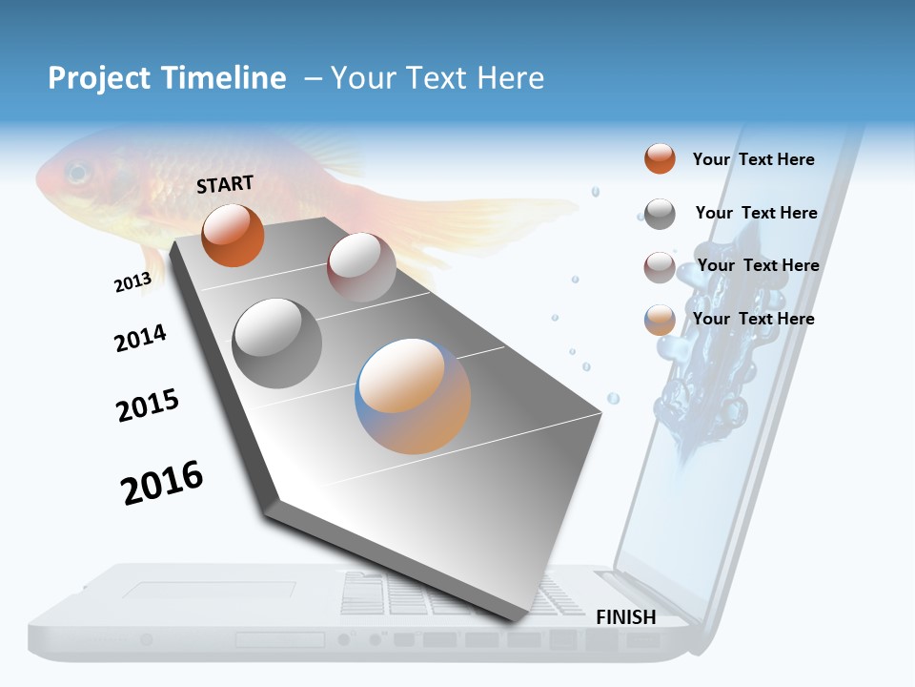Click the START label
coord(225,184)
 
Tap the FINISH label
coord(625,617)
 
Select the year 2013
coord(132,282)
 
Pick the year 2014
coord(140,338)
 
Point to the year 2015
coord(148,406)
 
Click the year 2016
coord(162,483)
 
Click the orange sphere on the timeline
coord(233,235)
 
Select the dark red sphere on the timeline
coord(361,267)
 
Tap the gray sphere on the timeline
coord(276,343)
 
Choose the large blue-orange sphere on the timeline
coord(413,396)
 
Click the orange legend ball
coord(660,158)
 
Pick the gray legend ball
coord(660,213)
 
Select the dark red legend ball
coord(660,267)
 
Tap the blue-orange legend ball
coord(660,320)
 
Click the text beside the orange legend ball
coord(753,159)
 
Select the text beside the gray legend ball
coord(756,213)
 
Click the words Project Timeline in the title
coord(167,78)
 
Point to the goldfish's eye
coord(77,174)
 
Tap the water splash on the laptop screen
coord(705,382)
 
